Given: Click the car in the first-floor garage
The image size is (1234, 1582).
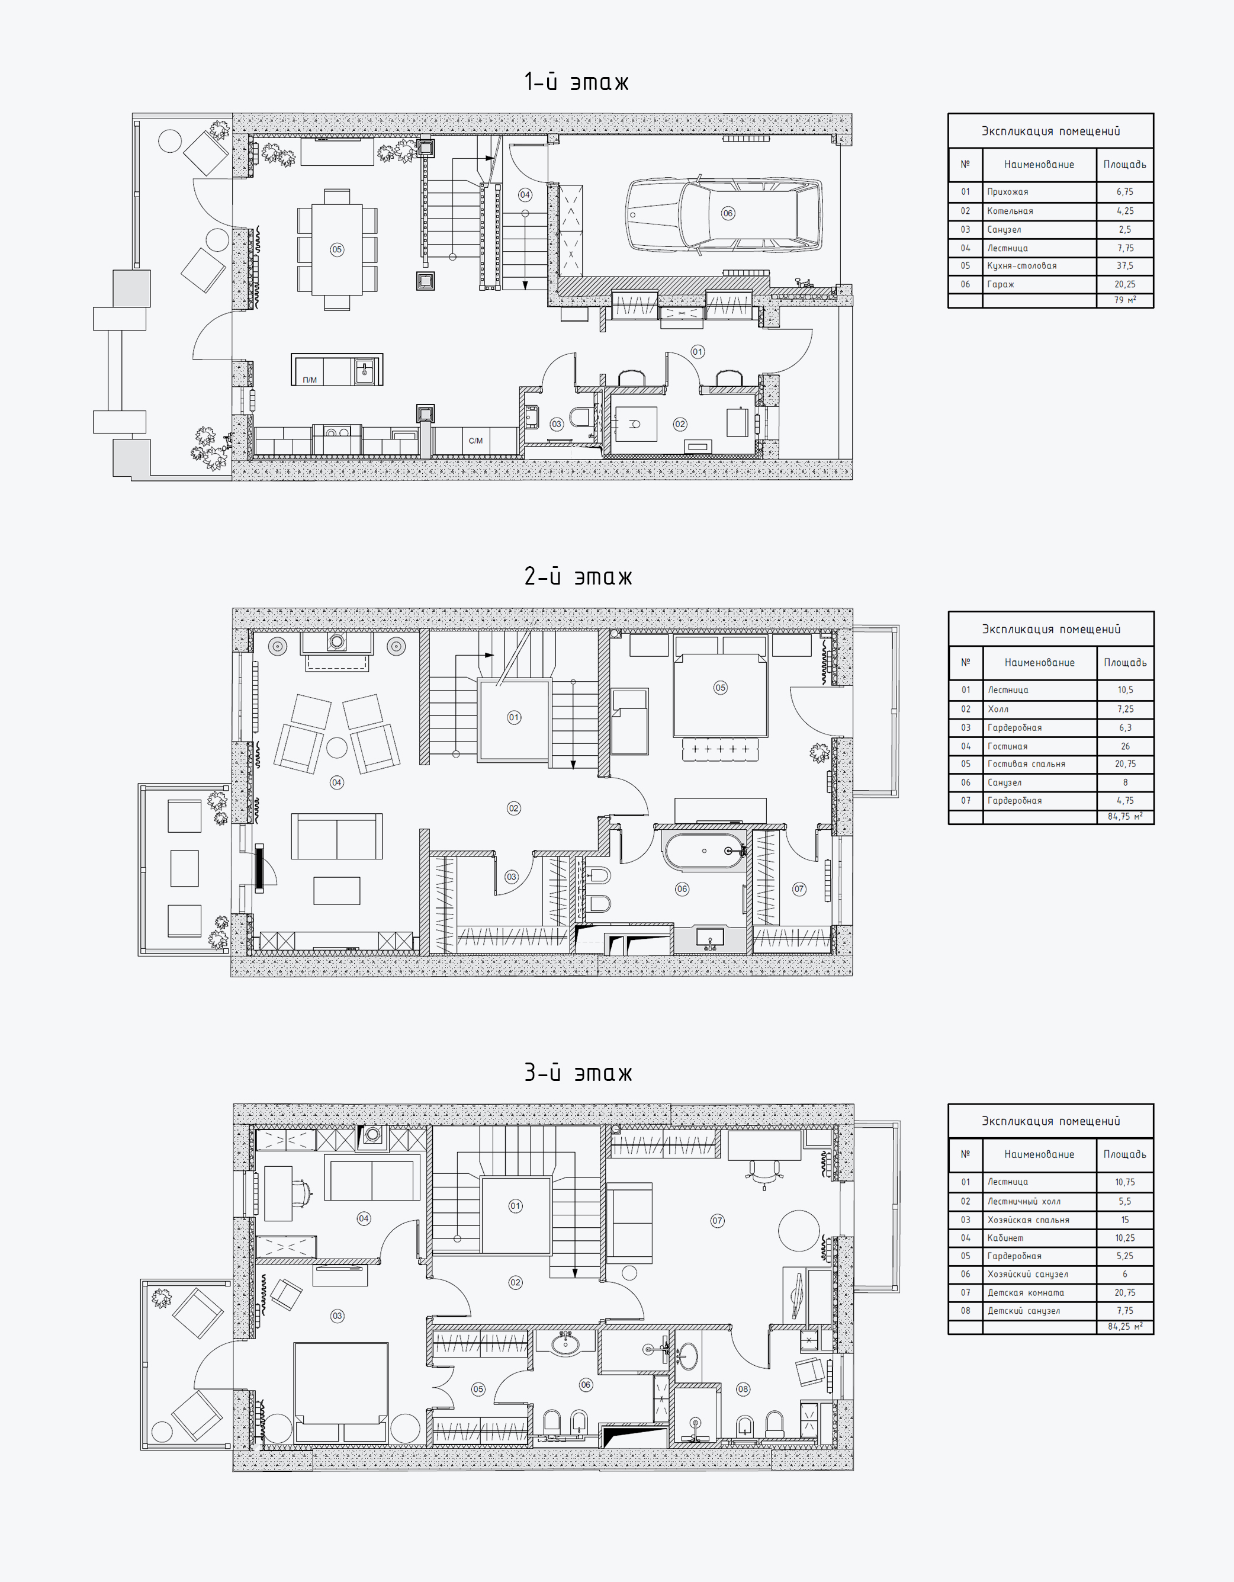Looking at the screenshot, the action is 724,214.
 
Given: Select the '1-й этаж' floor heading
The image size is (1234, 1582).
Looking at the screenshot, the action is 577,82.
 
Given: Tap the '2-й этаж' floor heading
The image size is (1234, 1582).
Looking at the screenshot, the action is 578,576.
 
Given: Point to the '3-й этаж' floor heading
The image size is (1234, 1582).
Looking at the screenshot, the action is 578,1072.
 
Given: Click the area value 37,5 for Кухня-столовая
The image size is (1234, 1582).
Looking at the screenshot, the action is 1124,266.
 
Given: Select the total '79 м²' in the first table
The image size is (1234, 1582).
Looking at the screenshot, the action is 1124,300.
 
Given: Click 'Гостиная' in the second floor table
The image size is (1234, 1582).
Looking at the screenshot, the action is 1007,746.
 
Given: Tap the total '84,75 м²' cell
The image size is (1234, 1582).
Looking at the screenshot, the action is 1124,816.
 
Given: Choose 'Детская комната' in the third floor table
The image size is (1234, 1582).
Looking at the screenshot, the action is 1026,1292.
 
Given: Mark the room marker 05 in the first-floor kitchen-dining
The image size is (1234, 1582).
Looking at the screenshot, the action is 337,249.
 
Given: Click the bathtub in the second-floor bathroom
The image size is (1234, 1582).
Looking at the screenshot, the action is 704,851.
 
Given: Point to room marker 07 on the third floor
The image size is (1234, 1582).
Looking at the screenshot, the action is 717,1221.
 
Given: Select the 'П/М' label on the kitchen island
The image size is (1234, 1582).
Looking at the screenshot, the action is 310,380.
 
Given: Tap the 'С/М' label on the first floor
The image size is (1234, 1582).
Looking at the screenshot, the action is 476,441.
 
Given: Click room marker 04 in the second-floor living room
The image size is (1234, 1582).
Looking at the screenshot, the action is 337,782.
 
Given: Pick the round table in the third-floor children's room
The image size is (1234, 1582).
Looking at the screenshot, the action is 799,1231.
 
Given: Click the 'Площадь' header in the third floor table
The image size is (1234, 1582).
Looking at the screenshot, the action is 1124,1154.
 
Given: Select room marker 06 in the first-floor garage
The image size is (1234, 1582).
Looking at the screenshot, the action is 728,213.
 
